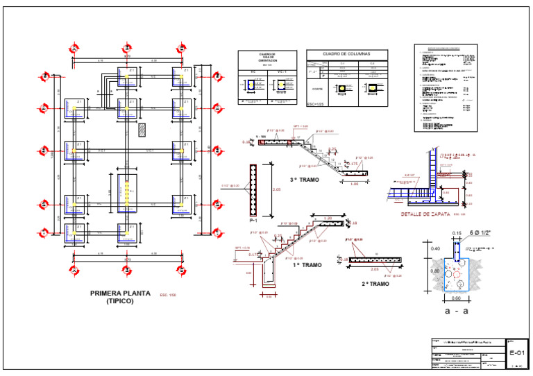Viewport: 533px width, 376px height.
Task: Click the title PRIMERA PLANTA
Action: click(x=121, y=293)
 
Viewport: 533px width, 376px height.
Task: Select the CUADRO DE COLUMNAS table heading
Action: click(x=347, y=53)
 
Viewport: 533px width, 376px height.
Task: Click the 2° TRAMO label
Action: click(x=375, y=284)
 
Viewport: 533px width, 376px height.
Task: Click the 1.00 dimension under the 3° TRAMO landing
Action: click(x=355, y=184)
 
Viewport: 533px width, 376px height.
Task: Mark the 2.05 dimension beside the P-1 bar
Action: click(x=276, y=189)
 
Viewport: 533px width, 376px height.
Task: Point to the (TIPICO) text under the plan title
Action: click(x=121, y=302)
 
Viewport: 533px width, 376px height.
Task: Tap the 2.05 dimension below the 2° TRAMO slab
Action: click(x=375, y=269)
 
